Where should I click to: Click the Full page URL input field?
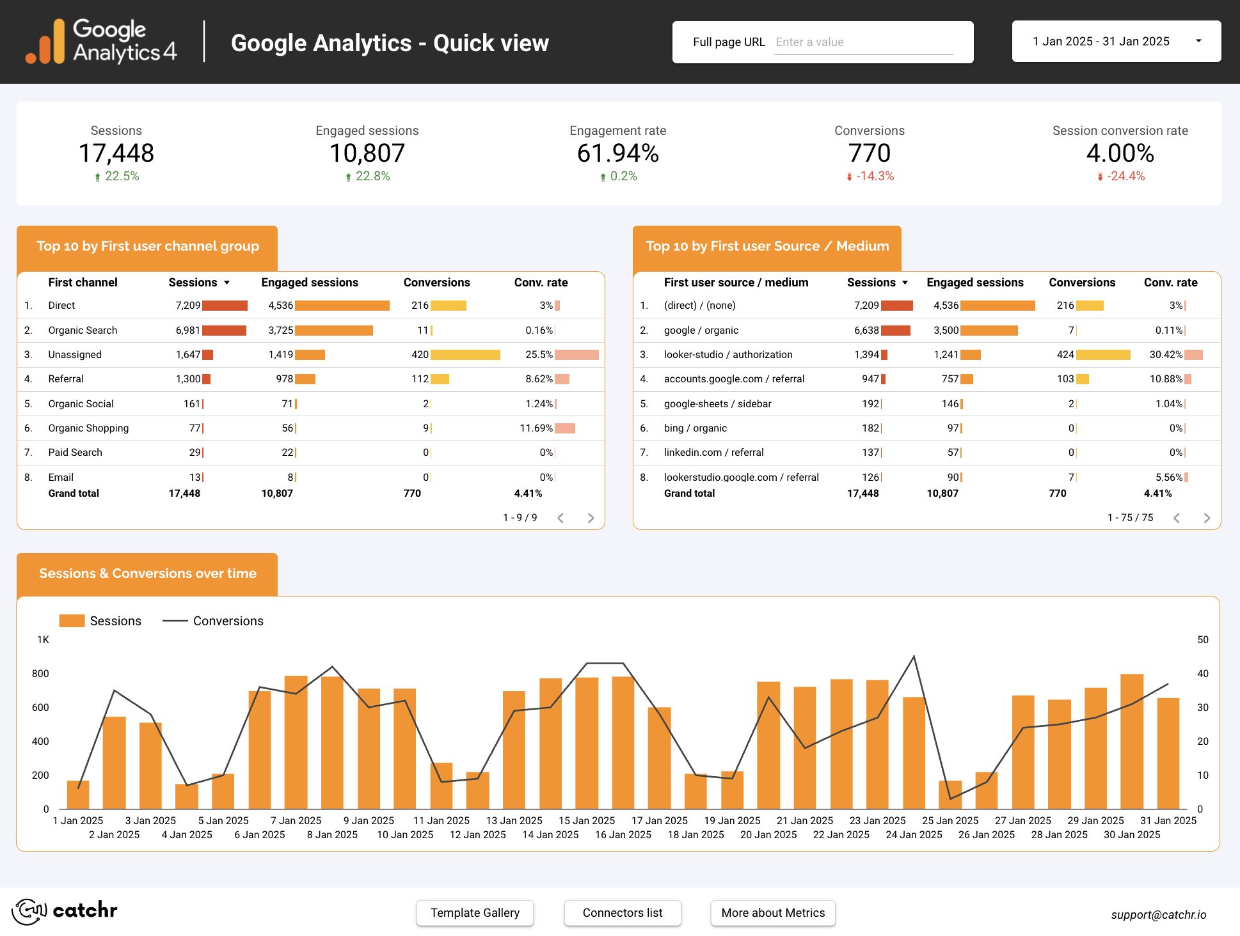pyautogui.click(x=863, y=42)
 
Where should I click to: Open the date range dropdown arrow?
pyautogui.click(x=1198, y=41)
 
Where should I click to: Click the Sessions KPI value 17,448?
pyautogui.click(x=116, y=153)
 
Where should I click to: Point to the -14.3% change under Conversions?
pyautogui.click(x=875, y=176)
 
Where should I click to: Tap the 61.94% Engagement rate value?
pyautogui.click(x=617, y=153)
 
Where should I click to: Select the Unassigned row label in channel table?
pyautogui.click(x=75, y=355)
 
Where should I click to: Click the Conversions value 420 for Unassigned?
pyautogui.click(x=420, y=355)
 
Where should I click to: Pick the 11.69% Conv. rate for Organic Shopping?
pyautogui.click(x=536, y=428)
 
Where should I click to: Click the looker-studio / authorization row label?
pyautogui.click(x=728, y=355)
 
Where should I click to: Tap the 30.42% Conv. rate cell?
pyautogui.click(x=1166, y=355)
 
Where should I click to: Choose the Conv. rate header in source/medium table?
pyautogui.click(x=1170, y=283)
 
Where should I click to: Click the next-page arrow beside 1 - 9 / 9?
pyautogui.click(x=591, y=518)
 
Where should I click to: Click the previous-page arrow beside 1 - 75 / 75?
pyautogui.click(x=1177, y=518)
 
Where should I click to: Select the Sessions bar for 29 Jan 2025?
pyautogui.click(x=1095, y=748)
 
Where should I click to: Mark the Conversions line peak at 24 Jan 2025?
pyautogui.click(x=914, y=657)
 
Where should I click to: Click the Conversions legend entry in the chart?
pyautogui.click(x=213, y=621)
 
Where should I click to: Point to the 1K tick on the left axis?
pyautogui.click(x=43, y=640)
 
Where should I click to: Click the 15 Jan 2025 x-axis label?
pyautogui.click(x=587, y=820)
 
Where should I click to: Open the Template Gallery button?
pyautogui.click(x=475, y=913)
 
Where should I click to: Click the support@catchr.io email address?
pyautogui.click(x=1159, y=915)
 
